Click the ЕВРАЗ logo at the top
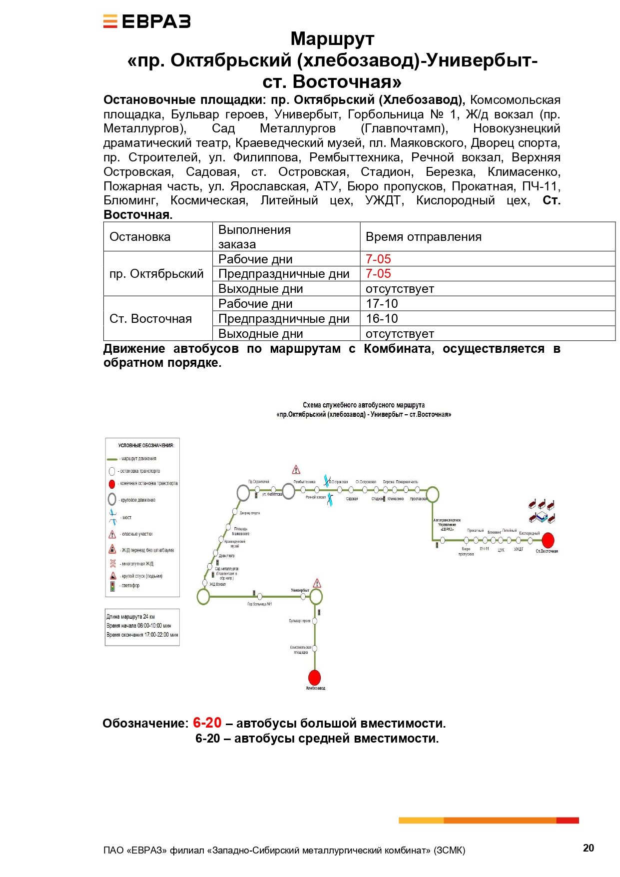click(147, 21)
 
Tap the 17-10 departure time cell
click(382, 304)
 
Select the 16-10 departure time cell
click(382, 319)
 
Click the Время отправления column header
click(423, 237)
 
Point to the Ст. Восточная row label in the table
click(150, 319)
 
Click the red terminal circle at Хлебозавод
click(314, 678)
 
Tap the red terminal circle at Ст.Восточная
click(548, 540)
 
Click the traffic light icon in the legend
click(112, 586)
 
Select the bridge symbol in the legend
click(112, 517)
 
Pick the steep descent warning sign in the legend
click(113, 576)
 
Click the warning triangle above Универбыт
click(317, 583)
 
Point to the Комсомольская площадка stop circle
click(315, 648)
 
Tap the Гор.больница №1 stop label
click(260, 604)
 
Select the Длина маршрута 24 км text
click(130, 617)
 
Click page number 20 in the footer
click(588, 848)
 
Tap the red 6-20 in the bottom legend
click(207, 723)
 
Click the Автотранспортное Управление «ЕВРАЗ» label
click(447, 525)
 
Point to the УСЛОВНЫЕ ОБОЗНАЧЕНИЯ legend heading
click(145, 445)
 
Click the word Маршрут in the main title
click(332, 39)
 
